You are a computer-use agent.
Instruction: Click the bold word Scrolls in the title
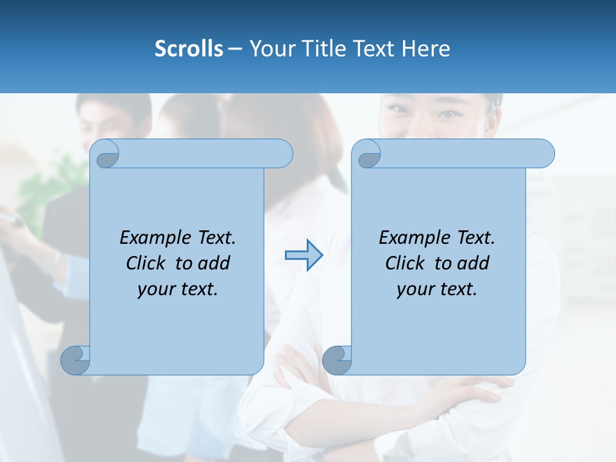[x=189, y=49]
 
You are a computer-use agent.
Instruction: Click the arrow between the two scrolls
[x=304, y=255]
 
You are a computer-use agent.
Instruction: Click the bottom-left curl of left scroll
[x=76, y=359]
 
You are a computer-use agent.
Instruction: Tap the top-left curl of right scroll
[x=369, y=155]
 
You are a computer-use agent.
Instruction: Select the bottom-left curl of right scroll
[x=338, y=359]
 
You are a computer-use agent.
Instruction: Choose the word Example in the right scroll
[x=413, y=238]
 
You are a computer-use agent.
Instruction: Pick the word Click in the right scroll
[x=406, y=263]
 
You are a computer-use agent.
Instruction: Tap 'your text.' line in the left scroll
[x=178, y=289]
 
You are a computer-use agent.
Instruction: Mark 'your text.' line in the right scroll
[x=437, y=289]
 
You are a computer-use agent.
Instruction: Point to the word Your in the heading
[x=271, y=49]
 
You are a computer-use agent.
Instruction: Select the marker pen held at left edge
[x=13, y=220]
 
